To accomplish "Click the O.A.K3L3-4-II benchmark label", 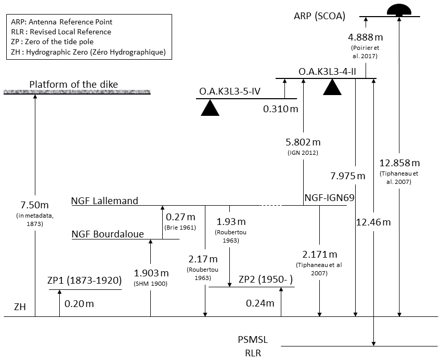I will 327,71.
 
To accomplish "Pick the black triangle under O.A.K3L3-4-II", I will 332,87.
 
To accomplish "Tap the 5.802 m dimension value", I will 303,142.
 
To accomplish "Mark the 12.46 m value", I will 373,222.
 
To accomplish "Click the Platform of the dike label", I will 74,85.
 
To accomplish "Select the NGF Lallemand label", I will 105,201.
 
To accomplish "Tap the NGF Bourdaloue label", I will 108,234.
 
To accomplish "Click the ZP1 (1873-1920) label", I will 84,281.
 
